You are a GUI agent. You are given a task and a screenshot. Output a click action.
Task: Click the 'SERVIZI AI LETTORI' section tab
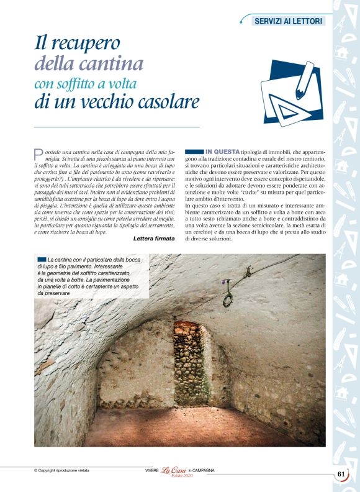coord(289,21)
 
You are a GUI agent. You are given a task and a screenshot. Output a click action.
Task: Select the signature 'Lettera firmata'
coord(154,239)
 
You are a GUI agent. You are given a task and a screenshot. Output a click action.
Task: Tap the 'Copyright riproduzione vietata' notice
coord(62,470)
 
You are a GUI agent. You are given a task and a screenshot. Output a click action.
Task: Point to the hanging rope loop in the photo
coord(228,298)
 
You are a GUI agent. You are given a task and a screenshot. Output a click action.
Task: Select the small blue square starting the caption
coord(41,259)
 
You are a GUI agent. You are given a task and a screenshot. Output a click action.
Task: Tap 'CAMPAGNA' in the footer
coord(202,470)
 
